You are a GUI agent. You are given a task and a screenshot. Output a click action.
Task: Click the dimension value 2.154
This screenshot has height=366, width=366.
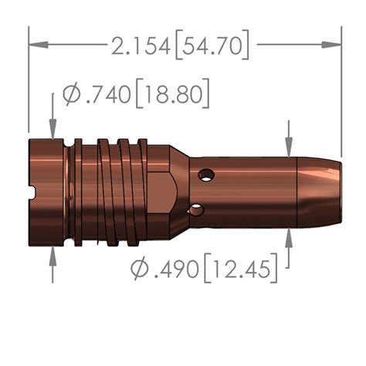point(141,46)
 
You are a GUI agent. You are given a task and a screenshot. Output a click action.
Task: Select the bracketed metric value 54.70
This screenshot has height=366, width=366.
point(212,46)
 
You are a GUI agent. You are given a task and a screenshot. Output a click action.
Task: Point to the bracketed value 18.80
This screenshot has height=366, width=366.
point(173,96)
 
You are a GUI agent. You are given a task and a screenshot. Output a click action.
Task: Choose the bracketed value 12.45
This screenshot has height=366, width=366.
point(241,270)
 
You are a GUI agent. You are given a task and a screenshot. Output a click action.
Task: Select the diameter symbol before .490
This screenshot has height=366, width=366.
point(140,270)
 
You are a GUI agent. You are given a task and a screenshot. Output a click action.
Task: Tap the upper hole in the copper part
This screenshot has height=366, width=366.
point(205,174)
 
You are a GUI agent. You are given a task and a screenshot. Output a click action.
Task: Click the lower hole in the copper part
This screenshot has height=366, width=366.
point(198,209)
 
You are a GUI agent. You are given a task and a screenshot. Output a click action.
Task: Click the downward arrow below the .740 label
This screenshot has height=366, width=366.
point(52,132)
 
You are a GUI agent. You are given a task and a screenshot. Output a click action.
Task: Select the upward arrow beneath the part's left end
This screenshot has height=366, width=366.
point(52,254)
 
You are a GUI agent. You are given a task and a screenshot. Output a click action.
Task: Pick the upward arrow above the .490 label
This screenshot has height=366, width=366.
point(288,237)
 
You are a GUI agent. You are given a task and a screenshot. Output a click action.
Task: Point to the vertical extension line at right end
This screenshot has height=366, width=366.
point(341,93)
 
